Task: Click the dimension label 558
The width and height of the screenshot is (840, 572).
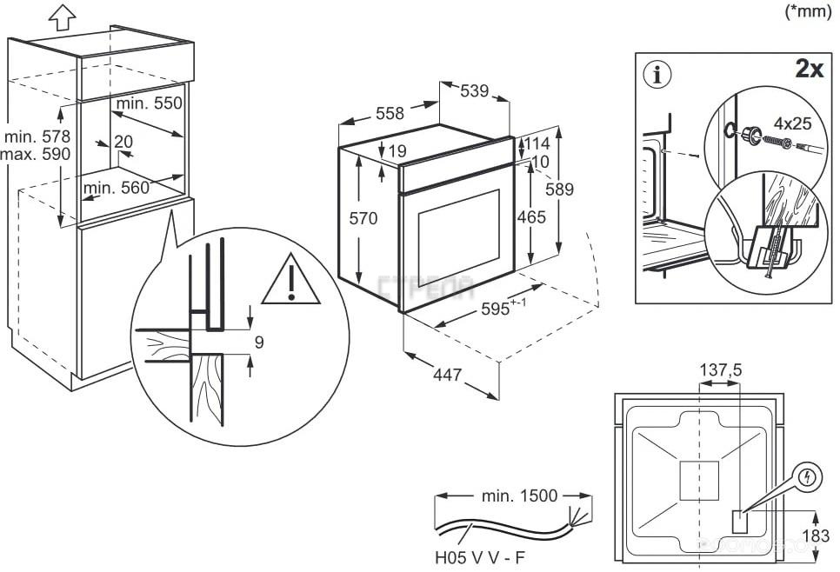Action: point(390,113)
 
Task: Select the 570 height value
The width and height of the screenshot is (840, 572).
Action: point(363,218)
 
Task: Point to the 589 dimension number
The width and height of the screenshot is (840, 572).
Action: point(558,190)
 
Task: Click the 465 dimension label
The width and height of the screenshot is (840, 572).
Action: point(531,218)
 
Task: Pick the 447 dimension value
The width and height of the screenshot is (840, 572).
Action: point(447,375)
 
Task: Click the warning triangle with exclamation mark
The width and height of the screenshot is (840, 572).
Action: point(291,282)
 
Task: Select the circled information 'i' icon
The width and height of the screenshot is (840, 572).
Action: point(657,74)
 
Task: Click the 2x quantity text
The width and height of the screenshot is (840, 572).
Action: point(809,69)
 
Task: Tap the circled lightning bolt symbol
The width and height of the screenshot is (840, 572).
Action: point(809,477)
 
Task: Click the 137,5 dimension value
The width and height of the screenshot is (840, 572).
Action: point(721,370)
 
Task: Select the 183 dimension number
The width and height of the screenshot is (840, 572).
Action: point(815,535)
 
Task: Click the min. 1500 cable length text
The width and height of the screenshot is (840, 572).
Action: point(518,496)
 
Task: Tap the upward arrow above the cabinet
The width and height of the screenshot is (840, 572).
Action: point(59,15)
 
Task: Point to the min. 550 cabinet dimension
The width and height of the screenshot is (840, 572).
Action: point(149,103)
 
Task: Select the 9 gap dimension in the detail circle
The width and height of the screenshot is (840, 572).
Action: point(259,343)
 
